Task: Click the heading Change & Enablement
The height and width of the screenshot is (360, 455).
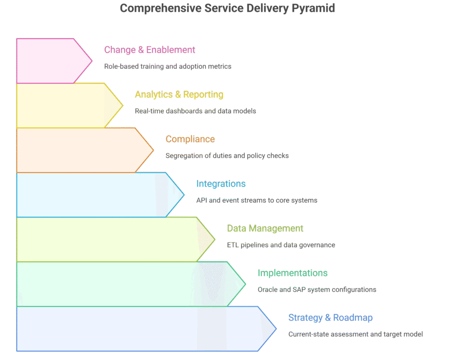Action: (150, 50)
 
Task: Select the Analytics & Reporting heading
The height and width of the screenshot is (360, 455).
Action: (179, 95)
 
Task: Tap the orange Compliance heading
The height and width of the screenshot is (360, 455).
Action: (190, 139)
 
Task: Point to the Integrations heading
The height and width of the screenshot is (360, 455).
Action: (221, 184)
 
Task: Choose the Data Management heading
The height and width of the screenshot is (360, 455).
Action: (265, 229)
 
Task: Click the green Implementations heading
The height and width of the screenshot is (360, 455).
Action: (292, 273)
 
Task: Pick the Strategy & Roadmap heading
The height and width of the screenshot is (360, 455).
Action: (330, 318)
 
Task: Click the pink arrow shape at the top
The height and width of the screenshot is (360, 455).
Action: (49, 61)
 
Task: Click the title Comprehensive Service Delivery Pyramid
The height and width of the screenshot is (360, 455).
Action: (227, 8)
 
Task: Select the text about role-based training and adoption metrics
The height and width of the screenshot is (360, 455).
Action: (168, 67)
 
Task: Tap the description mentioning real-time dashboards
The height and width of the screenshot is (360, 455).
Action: (196, 111)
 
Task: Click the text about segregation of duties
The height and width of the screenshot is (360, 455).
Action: (227, 156)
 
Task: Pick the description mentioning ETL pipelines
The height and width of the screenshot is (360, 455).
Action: (281, 245)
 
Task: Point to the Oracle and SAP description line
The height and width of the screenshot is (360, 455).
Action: (317, 289)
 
